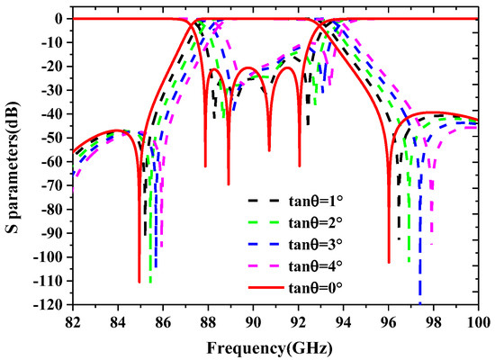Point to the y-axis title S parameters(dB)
[12, 162]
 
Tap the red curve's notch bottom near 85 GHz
[139, 282]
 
